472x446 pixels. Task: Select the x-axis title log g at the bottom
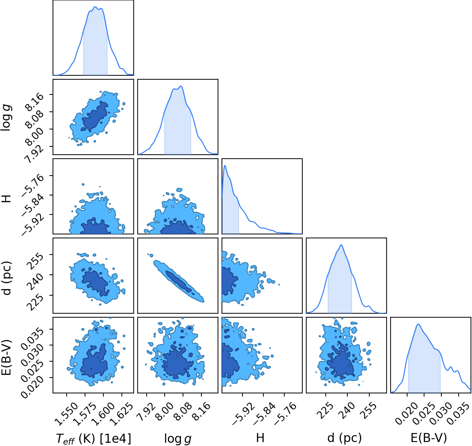pos(178,438)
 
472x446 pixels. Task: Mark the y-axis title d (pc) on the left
pos(6,278)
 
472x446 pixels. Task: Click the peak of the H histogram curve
pos(225,165)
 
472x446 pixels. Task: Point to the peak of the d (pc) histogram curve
pos(341,245)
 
